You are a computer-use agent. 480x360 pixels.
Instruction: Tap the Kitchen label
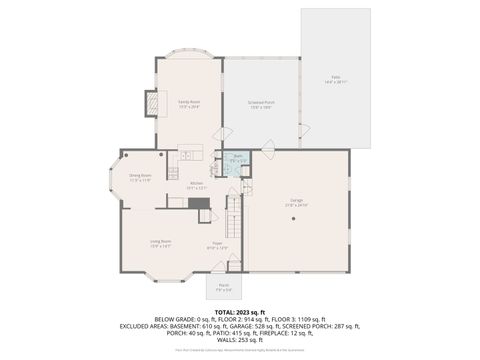(197, 185)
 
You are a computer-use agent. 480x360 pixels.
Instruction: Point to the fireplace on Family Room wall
(152, 103)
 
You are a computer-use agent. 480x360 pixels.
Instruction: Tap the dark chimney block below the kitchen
(202, 203)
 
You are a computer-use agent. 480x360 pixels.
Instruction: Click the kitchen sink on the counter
(187, 155)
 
